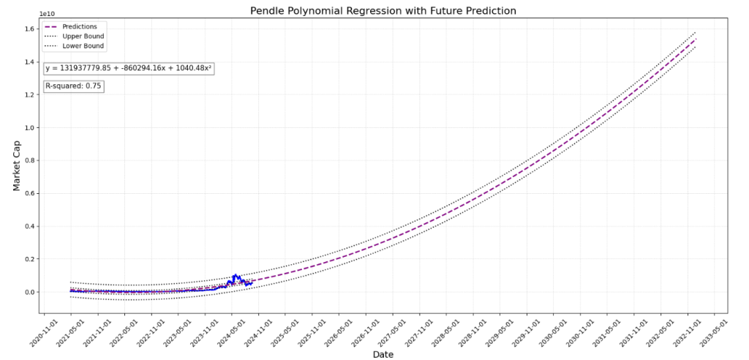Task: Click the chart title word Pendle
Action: click(268, 11)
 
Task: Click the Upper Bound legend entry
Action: click(83, 36)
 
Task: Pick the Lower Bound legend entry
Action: click(83, 45)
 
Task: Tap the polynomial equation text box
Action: click(129, 68)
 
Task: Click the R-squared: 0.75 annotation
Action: click(73, 86)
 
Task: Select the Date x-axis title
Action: click(382, 354)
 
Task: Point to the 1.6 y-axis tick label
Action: click(29, 29)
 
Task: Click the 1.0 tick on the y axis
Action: click(29, 127)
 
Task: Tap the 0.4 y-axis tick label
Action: click(29, 226)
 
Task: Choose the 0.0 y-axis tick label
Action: click(29, 292)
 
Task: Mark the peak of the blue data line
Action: click(235, 274)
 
